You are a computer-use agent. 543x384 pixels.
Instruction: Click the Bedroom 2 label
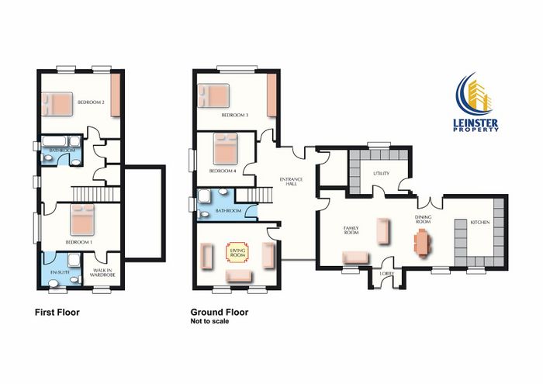[91, 102]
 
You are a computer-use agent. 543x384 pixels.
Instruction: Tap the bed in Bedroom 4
[226, 148]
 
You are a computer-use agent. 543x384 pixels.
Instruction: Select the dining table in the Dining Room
[423, 242]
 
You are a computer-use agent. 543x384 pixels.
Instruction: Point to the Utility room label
[382, 174]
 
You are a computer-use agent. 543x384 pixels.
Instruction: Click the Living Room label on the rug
[237, 253]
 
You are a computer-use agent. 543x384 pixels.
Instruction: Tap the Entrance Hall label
[291, 182]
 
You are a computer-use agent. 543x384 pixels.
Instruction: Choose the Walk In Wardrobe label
[102, 272]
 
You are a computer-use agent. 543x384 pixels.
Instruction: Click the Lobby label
[387, 274]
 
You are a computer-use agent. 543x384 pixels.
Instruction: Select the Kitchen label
[480, 223]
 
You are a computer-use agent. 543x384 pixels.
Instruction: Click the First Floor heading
[57, 313]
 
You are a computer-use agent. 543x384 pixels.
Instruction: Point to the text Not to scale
[209, 321]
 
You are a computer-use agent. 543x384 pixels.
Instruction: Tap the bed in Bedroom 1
[82, 220]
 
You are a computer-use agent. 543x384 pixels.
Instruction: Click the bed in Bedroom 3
[213, 95]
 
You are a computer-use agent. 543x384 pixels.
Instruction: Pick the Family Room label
[351, 230]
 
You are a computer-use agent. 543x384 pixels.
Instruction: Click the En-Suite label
[61, 272]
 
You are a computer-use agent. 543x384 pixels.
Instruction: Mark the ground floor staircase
[260, 195]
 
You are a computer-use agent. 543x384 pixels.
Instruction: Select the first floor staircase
[96, 194]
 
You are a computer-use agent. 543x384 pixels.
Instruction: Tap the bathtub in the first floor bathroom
[54, 141]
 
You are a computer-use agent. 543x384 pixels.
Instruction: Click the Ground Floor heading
[220, 313]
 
